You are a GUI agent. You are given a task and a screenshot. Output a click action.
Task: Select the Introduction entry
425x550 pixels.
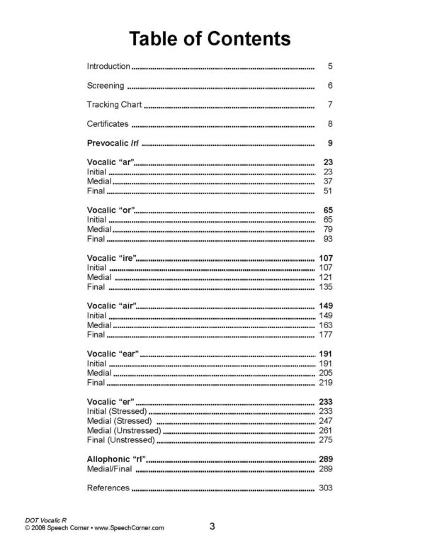coord(108,67)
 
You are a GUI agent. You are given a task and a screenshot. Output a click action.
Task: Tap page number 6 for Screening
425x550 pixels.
coord(330,86)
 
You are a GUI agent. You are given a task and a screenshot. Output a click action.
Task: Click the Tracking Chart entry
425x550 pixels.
coord(114,105)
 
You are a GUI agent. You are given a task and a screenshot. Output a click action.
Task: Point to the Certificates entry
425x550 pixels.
coord(107,124)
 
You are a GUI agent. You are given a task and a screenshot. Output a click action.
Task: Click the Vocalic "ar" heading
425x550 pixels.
coord(110,163)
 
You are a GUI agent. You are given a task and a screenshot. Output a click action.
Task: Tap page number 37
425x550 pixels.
coord(327,181)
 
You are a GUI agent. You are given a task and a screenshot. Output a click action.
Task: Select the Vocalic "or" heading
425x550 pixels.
coord(110,211)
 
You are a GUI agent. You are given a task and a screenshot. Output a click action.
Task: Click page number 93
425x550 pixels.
coord(327,239)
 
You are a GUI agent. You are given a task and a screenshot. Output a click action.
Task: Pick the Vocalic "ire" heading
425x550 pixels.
coord(111,259)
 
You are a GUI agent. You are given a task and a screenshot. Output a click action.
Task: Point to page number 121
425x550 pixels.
coord(325,277)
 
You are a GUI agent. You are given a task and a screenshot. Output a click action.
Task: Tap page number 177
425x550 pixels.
coord(325,335)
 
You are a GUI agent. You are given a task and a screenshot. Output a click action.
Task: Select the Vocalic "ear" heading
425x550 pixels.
coord(113,354)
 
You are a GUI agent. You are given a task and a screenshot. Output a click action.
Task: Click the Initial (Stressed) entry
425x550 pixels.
coord(116,411)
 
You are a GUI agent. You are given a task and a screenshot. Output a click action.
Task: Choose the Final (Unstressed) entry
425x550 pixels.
coord(120,440)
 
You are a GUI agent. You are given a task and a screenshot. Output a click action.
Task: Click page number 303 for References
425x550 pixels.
coord(325,488)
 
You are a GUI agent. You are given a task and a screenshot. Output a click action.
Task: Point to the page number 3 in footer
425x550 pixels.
coord(212,526)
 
